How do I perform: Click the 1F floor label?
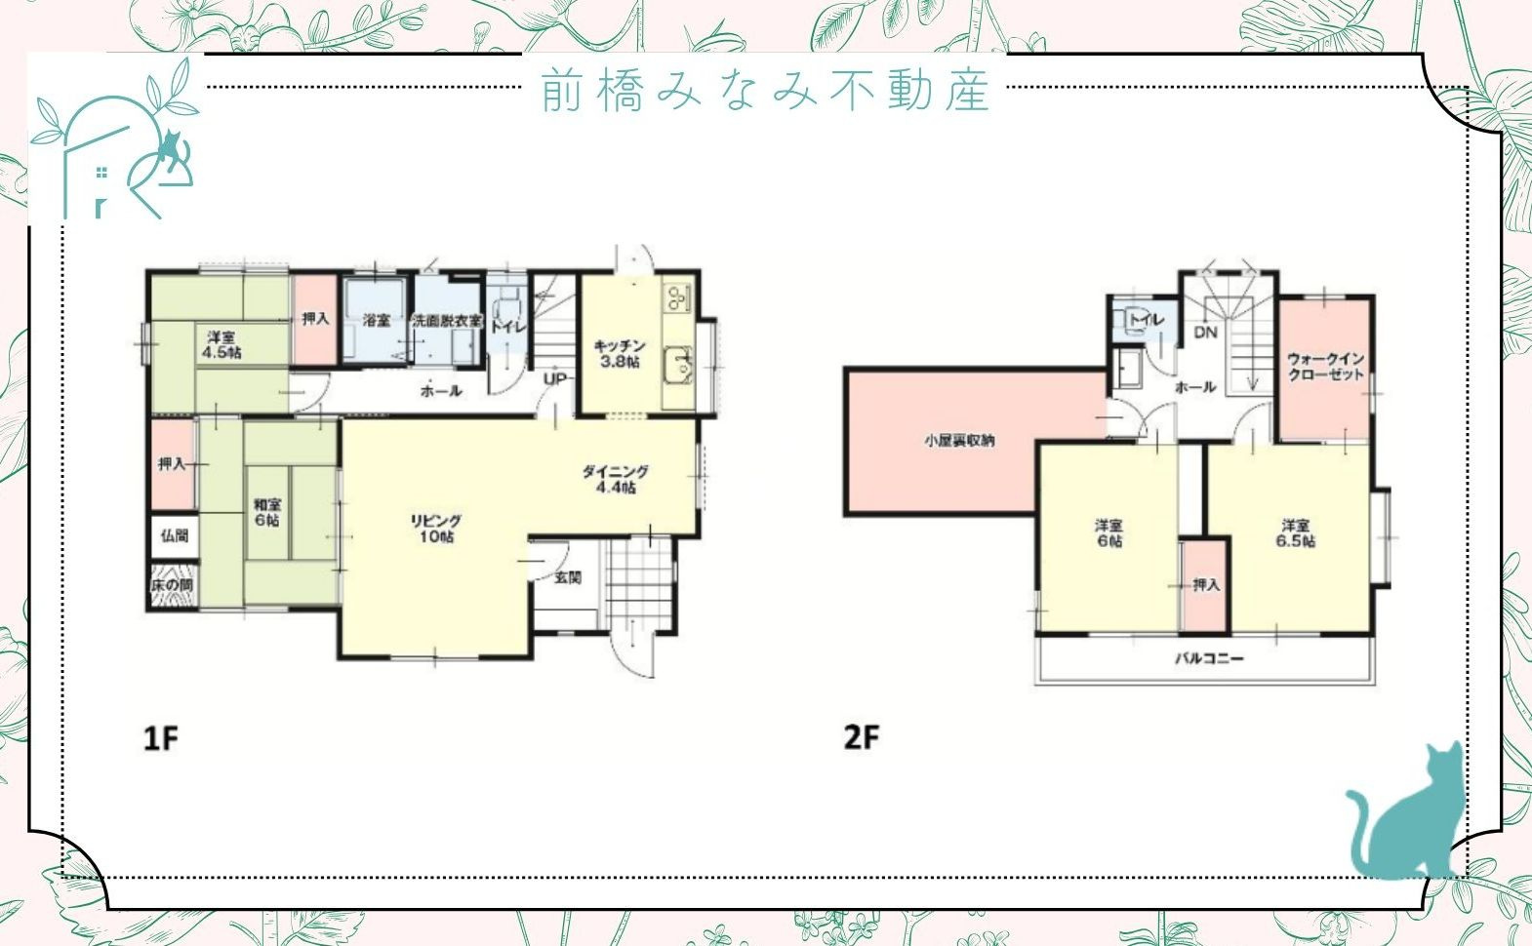point(162,737)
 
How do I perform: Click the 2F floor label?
point(862,736)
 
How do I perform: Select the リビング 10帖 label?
point(435,529)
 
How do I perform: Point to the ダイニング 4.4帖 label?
point(615,479)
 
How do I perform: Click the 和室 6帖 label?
point(267,512)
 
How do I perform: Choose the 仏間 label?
point(175,535)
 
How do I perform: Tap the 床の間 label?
point(172,585)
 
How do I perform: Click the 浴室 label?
point(377,320)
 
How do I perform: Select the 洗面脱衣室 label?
point(447,320)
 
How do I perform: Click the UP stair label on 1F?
point(554,378)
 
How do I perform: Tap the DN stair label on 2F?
point(1206,332)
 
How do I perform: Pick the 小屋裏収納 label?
point(960,440)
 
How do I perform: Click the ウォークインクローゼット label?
point(1325,367)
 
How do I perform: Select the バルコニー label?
point(1208,658)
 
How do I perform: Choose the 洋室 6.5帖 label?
point(1296,532)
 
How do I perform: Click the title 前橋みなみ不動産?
point(766,91)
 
